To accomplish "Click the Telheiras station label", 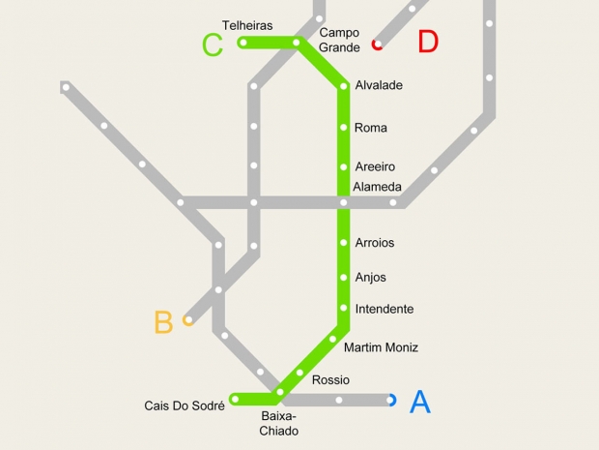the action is pyautogui.click(x=247, y=25).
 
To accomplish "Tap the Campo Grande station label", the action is pyautogui.click(x=339, y=40).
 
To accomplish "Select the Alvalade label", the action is pyautogui.click(x=379, y=85).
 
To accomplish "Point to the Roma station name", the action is pyautogui.click(x=371, y=127).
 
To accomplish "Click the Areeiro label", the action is pyautogui.click(x=375, y=166).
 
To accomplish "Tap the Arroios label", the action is pyautogui.click(x=375, y=242).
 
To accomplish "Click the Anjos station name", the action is pyautogui.click(x=371, y=277).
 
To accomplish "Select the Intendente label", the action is pyautogui.click(x=385, y=309).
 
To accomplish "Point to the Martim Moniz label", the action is pyautogui.click(x=381, y=346).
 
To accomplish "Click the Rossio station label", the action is pyautogui.click(x=330, y=379).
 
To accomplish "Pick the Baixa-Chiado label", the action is pyautogui.click(x=279, y=423).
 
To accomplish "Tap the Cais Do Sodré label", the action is pyautogui.click(x=185, y=405).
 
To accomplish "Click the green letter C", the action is pyautogui.click(x=213, y=45).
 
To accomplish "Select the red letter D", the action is pyautogui.click(x=428, y=42).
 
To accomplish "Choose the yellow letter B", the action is pyautogui.click(x=163, y=322).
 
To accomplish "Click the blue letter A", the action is pyautogui.click(x=420, y=402).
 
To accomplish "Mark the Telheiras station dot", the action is pyautogui.click(x=243, y=43).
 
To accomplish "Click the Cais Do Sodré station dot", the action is pyautogui.click(x=235, y=399).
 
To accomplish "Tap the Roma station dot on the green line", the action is pyautogui.click(x=343, y=127).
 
